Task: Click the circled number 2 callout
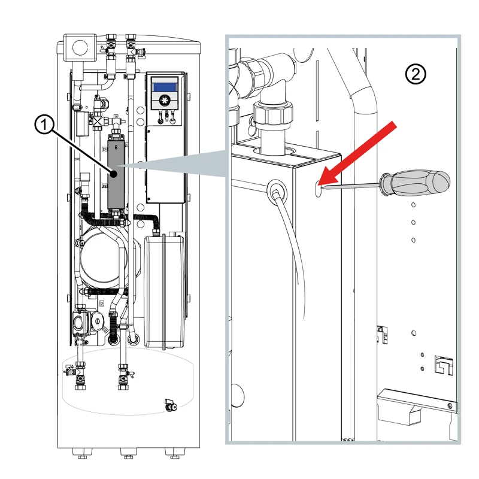pos(416,74)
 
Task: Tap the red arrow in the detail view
pos(359,153)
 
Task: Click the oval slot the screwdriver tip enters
pos(317,189)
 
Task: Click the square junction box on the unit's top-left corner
pos(80,46)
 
